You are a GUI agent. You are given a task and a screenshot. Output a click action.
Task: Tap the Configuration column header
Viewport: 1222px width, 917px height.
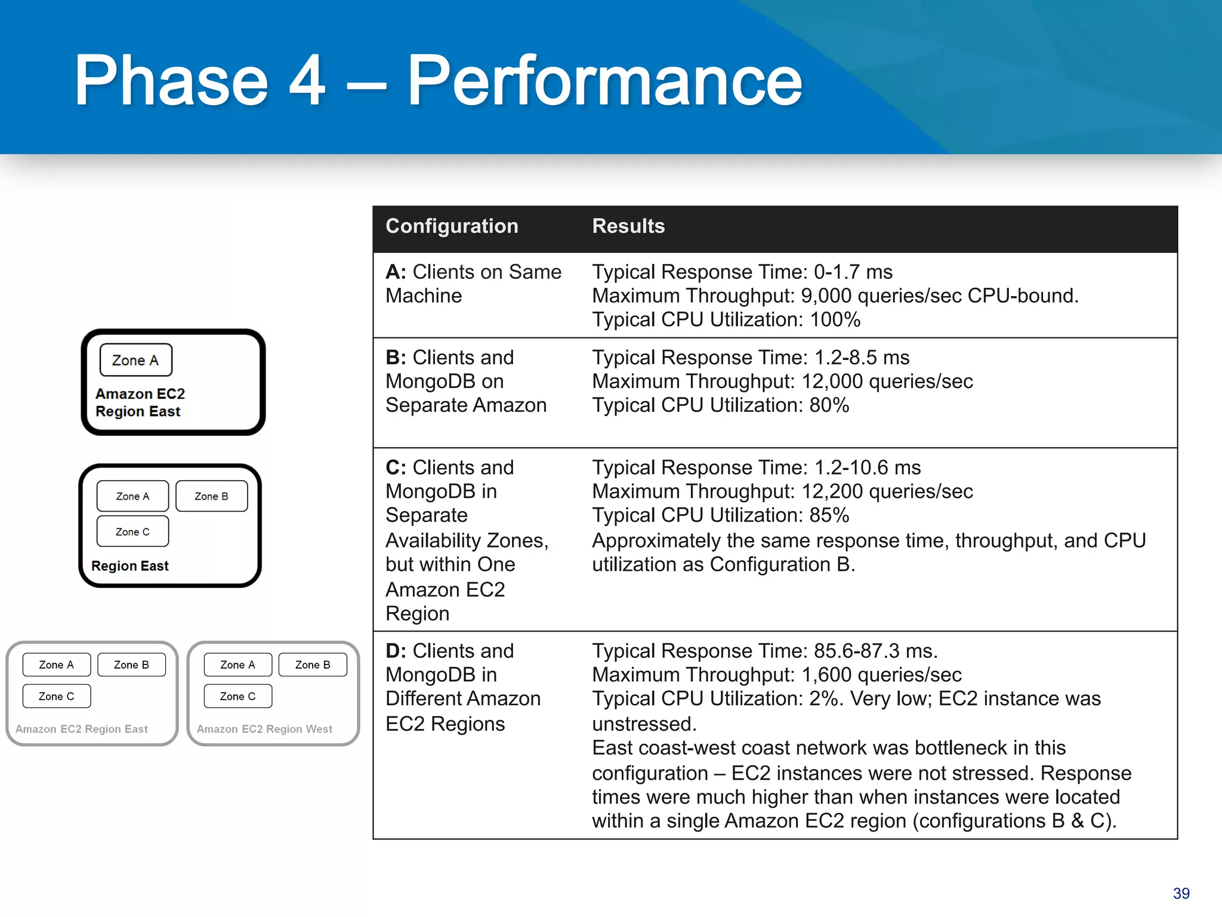452,226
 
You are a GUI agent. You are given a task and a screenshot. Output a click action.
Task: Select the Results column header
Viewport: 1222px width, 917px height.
628,226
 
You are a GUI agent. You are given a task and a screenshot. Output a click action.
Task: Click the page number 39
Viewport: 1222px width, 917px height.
1181,893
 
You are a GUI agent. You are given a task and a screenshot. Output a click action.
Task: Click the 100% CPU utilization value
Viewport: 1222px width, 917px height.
835,320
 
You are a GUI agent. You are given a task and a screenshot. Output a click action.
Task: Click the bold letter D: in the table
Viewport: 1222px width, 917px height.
396,651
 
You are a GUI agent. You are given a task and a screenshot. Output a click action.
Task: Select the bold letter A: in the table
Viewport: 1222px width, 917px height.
396,272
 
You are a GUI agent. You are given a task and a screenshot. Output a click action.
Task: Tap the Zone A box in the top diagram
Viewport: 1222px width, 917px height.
135,360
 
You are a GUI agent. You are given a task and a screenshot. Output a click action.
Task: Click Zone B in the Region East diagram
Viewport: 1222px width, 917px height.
211,496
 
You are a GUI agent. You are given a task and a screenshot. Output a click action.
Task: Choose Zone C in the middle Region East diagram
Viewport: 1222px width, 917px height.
132,531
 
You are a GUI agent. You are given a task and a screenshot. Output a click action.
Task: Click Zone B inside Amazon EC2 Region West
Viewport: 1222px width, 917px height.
313,664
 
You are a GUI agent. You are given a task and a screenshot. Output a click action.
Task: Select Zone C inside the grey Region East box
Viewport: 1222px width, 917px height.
57,696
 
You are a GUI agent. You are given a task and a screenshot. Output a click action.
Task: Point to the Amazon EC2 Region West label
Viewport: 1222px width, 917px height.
264,729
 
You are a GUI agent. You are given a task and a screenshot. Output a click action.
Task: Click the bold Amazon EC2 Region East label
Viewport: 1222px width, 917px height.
140,402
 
